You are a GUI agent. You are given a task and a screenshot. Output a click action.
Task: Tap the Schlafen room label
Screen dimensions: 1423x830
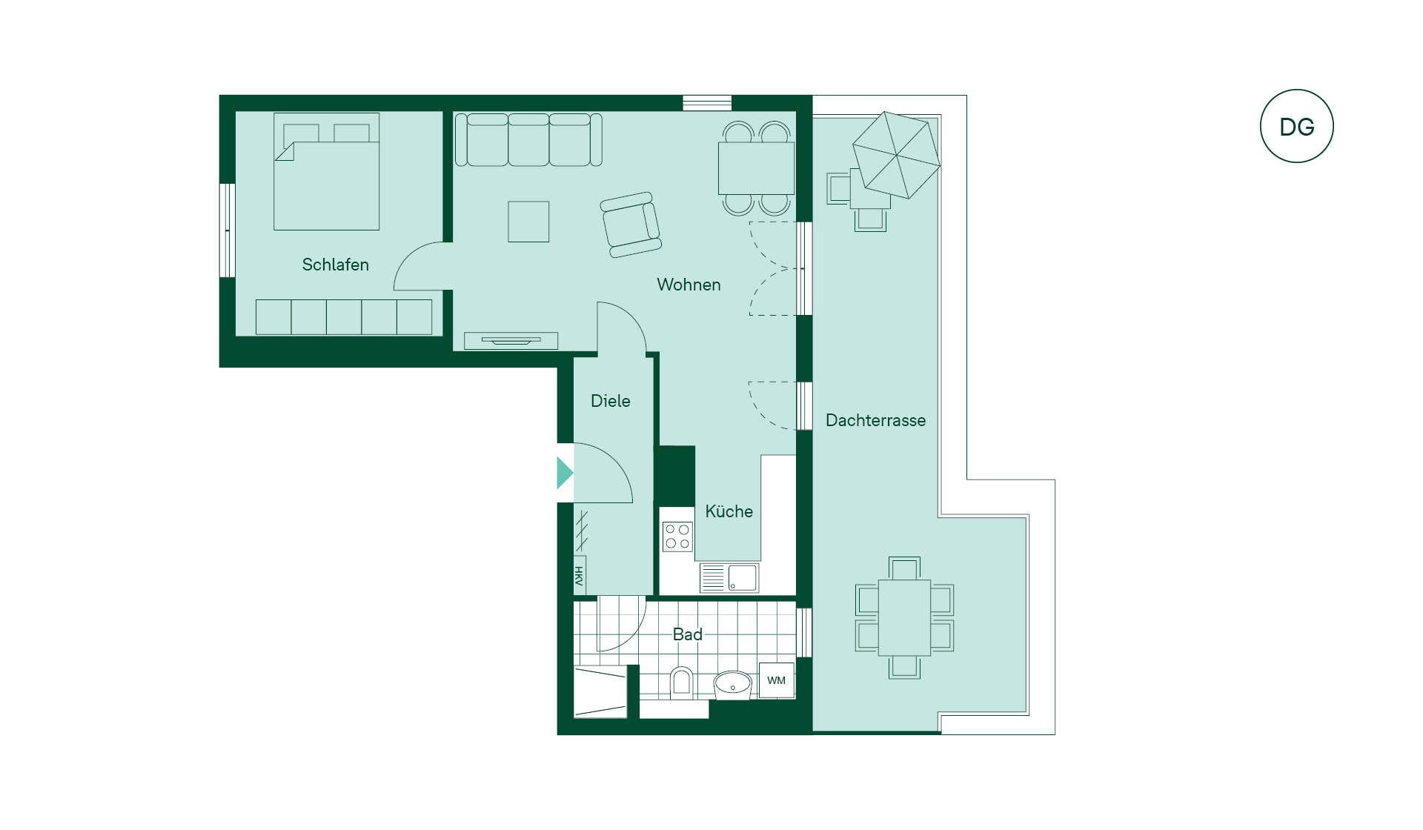335,265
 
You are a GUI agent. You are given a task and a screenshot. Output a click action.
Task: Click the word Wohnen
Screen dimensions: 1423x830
689,285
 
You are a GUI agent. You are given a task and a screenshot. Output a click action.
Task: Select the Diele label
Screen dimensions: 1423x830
610,401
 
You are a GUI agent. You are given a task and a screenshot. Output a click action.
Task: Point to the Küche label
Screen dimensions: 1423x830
729,511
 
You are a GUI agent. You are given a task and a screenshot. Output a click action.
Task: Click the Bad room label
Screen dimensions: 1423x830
687,634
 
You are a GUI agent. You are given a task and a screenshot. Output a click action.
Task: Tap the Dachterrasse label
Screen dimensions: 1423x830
875,420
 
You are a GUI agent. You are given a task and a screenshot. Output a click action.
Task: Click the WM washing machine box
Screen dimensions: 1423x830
776,680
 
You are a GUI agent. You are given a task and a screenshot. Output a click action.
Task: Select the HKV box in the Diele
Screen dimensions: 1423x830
580,575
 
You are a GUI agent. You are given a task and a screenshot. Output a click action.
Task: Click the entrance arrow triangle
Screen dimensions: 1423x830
565,473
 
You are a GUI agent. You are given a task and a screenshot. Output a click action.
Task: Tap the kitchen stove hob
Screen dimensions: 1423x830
677,537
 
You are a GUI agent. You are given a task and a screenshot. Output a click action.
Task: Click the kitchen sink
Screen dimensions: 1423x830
729,578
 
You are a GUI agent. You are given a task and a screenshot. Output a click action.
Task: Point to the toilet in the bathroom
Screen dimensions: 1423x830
681,683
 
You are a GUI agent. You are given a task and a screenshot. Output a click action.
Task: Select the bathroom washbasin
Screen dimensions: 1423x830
733,685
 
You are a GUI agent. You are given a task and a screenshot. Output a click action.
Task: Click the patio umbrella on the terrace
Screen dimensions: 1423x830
896,155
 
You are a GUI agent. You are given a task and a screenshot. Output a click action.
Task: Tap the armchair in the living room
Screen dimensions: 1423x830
631,225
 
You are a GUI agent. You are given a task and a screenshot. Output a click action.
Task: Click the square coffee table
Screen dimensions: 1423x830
528,222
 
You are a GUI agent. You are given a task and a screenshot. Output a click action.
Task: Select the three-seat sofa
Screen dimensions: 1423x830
528,140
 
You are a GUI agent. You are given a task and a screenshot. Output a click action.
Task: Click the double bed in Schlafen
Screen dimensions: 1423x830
327,171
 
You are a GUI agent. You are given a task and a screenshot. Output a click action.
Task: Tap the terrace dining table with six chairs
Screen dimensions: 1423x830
904,617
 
